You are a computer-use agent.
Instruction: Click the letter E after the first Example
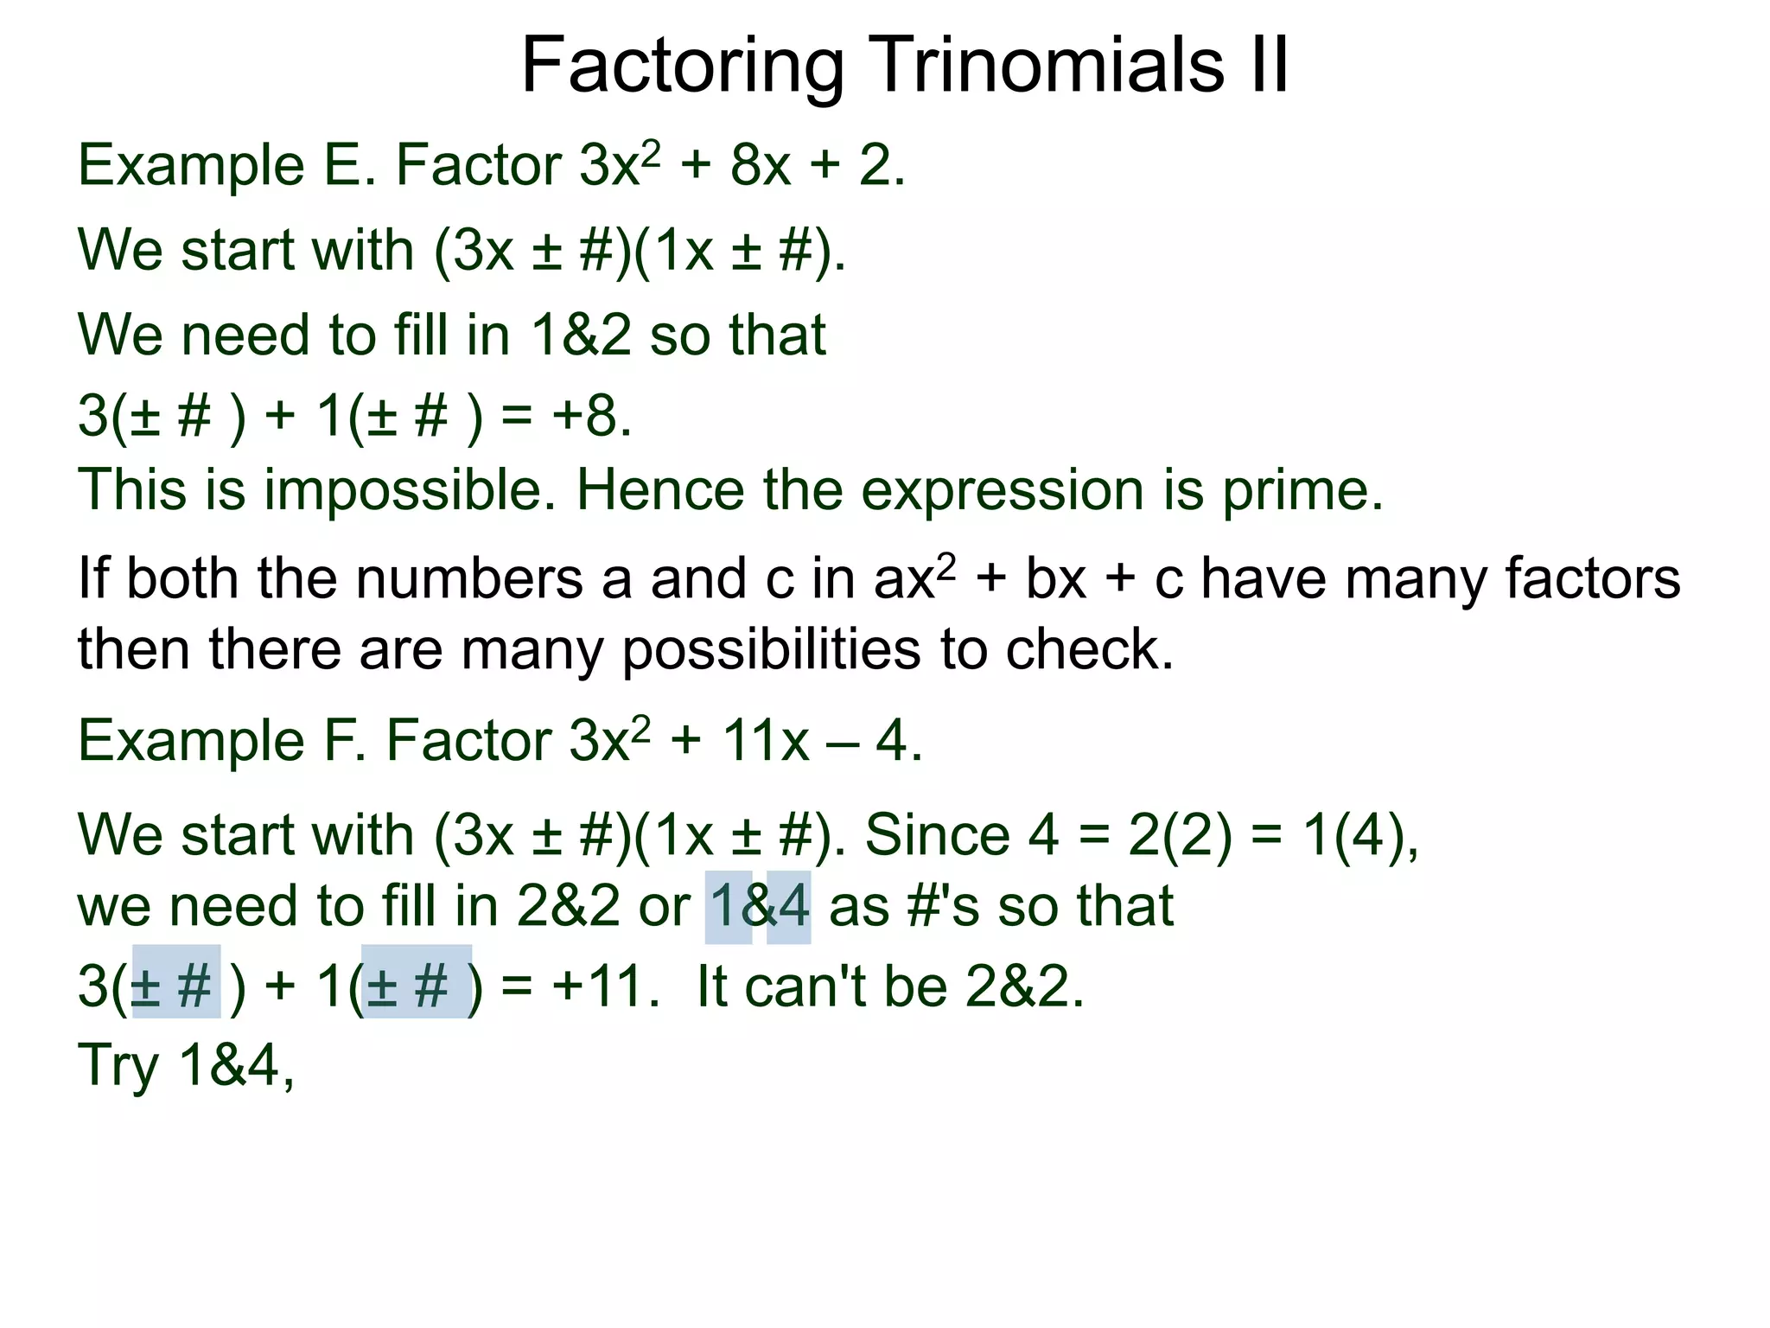tap(341, 164)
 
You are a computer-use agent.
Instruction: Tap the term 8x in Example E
tap(760, 164)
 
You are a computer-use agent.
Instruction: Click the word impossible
tap(410, 490)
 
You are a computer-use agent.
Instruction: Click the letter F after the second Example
tap(332, 741)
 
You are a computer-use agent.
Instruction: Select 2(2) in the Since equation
tap(1180, 835)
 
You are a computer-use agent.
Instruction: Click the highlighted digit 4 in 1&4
tap(788, 906)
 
